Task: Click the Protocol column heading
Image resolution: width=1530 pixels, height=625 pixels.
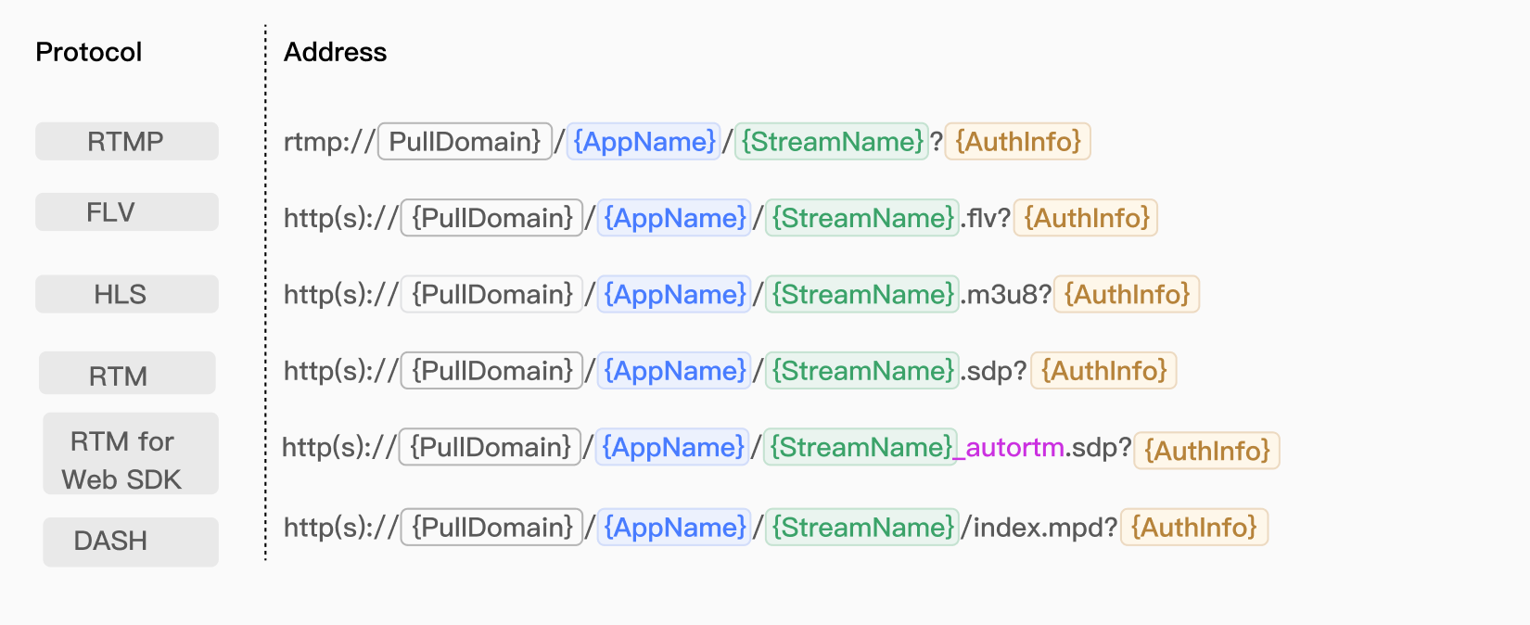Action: pos(89,52)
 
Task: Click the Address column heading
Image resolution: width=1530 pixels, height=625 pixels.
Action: pos(335,52)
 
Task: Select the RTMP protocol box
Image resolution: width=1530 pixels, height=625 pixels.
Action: pos(127,141)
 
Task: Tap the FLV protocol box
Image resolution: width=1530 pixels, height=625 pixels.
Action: pos(127,211)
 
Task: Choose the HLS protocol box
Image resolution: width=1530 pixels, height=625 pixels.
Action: pos(127,294)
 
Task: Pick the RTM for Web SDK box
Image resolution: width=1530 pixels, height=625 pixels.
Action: pos(131,453)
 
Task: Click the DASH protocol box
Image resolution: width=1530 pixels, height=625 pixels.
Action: pos(131,542)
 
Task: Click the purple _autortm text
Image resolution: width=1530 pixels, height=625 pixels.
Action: pos(1009,448)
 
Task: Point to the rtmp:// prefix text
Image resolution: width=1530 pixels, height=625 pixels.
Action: pos(329,142)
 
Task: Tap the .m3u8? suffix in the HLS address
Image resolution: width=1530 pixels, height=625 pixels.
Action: pos(1006,294)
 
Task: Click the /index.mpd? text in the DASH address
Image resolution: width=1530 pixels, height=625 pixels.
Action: pos(1039,528)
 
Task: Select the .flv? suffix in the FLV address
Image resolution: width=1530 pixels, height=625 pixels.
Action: pos(986,218)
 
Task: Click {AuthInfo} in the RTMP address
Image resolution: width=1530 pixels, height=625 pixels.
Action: pos(1018,141)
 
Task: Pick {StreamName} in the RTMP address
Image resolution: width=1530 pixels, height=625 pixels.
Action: pos(832,141)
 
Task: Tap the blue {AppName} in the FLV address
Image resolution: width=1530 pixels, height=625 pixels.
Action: pos(674,218)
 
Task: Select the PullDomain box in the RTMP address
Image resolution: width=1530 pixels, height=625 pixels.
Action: pos(465,141)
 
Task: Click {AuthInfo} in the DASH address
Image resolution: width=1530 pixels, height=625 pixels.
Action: pos(1194,527)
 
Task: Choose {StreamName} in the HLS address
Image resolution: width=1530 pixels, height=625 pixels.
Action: pos(862,294)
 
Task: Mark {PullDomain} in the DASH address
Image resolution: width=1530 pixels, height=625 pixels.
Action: pos(491,527)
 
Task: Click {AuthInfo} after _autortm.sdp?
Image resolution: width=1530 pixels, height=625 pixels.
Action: pos(1207,451)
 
